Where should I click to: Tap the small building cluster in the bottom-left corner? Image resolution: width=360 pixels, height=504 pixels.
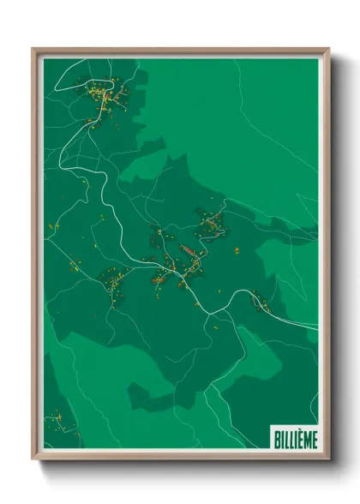click(57, 419)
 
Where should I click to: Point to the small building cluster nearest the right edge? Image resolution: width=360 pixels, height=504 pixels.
click(258, 301)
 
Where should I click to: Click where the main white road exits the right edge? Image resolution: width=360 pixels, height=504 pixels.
click(317, 327)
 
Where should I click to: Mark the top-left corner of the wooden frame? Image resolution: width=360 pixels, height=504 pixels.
click(33, 49)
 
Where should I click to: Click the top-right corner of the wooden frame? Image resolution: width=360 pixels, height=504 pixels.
click(328, 49)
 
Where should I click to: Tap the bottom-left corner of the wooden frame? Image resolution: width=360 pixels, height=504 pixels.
click(33, 459)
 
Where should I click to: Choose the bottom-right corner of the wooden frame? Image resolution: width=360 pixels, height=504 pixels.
click(328, 459)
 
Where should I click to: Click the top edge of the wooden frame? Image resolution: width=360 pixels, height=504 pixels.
click(180, 50)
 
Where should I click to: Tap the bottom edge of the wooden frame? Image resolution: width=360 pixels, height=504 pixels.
click(180, 457)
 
